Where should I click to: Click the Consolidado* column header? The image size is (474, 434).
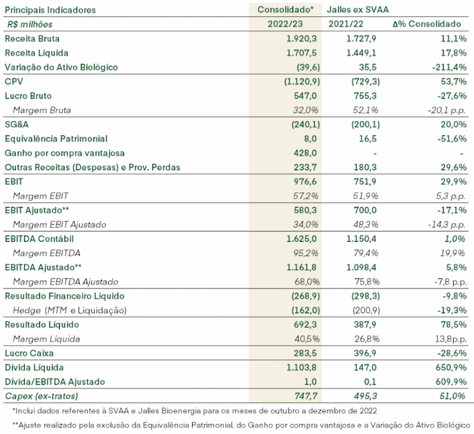(x=286, y=9)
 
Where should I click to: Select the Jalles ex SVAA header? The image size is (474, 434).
(x=358, y=9)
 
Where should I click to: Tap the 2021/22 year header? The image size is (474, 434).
(x=346, y=24)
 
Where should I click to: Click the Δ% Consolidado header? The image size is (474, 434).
(x=427, y=24)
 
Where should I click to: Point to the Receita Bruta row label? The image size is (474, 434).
(x=32, y=39)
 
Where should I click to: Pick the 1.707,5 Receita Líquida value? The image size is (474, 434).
(x=301, y=53)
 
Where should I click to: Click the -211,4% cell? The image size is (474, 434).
(x=449, y=67)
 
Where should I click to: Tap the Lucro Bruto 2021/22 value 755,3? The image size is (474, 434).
(x=365, y=96)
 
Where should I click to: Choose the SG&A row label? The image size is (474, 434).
(x=16, y=125)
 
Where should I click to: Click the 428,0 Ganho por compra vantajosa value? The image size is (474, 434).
(x=305, y=153)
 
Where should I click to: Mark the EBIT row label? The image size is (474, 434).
(x=14, y=182)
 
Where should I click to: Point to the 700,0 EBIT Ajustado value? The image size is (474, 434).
(x=365, y=210)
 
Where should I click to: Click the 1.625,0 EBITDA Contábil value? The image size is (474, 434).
(x=301, y=239)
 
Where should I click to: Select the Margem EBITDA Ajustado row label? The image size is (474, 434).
(x=66, y=282)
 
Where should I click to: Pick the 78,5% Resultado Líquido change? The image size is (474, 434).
(x=454, y=325)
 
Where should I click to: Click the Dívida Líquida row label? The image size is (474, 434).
(x=34, y=368)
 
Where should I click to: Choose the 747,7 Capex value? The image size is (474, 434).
(x=305, y=396)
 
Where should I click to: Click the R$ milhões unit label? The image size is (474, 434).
(x=30, y=24)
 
